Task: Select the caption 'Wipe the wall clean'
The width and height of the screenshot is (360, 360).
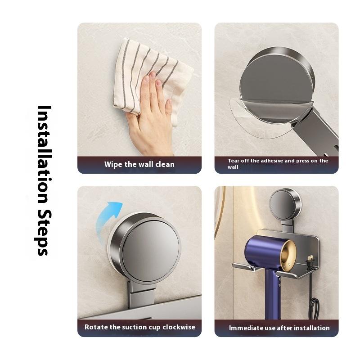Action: coord(139,164)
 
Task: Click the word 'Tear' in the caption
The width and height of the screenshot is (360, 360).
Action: coord(233,161)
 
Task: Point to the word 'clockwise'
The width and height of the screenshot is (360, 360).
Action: coord(179,327)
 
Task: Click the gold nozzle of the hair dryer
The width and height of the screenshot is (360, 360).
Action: coord(288,255)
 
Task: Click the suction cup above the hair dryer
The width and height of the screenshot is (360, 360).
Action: coord(285,204)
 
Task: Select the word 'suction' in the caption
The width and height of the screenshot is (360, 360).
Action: coord(136,327)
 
